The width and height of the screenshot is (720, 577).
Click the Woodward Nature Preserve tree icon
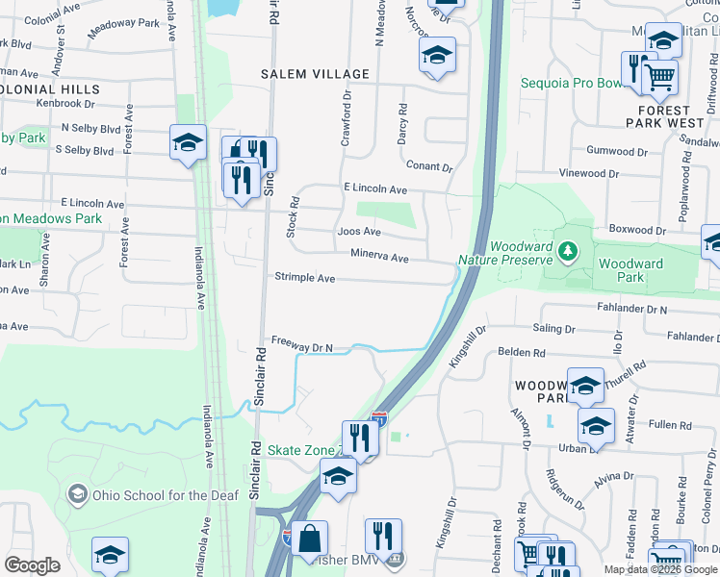point(568,252)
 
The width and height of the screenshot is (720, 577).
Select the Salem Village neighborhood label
point(315,74)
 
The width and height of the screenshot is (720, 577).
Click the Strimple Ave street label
point(305,278)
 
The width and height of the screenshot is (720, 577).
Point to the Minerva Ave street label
point(379,258)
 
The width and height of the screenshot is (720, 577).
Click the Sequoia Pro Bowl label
point(571,83)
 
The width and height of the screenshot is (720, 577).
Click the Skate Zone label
point(301,450)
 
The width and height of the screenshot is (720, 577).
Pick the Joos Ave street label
point(359,232)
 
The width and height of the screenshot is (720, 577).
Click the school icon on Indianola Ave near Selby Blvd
point(188,144)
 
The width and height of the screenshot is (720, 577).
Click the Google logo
point(32,565)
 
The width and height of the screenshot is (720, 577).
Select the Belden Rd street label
point(522,352)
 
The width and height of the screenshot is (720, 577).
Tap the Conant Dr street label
point(429,166)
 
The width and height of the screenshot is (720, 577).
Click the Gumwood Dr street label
point(617,151)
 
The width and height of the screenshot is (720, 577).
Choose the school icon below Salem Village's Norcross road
point(437,56)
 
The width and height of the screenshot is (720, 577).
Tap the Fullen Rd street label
point(663,424)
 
